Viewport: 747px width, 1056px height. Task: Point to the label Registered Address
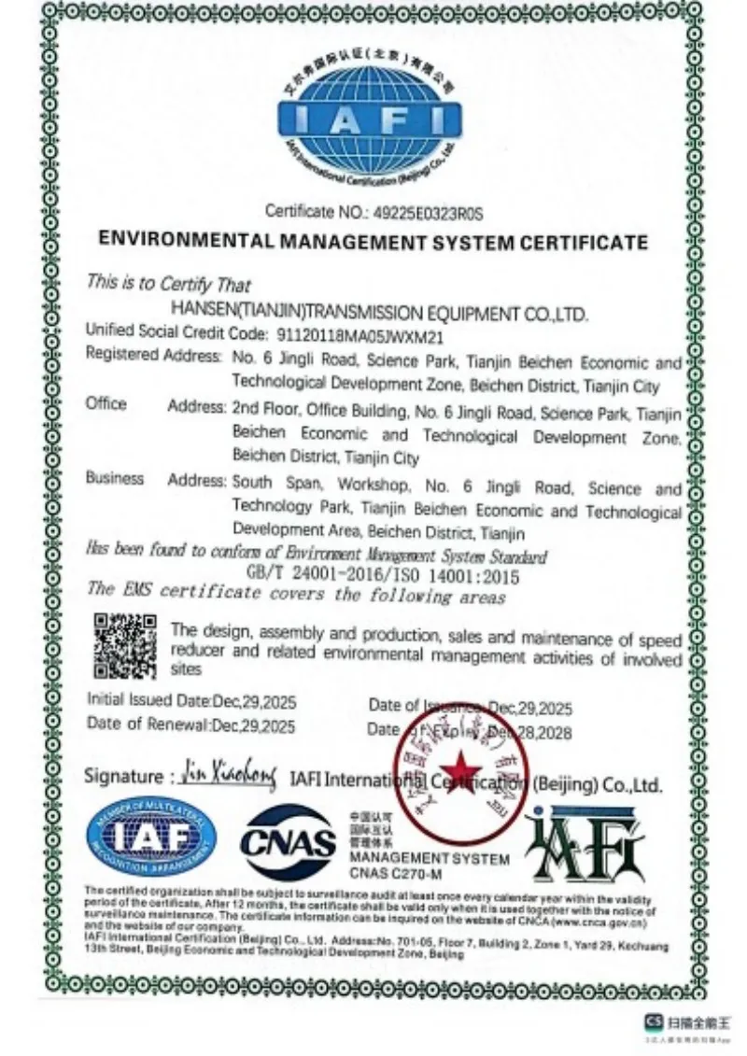point(152,354)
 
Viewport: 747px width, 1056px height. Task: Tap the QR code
point(125,645)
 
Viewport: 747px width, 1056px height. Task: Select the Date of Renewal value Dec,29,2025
point(253,725)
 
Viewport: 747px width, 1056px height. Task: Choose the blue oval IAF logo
point(151,836)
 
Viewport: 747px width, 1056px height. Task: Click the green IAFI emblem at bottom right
point(585,843)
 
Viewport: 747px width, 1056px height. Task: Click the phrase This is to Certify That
point(168,283)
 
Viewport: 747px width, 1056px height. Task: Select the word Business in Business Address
point(115,478)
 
